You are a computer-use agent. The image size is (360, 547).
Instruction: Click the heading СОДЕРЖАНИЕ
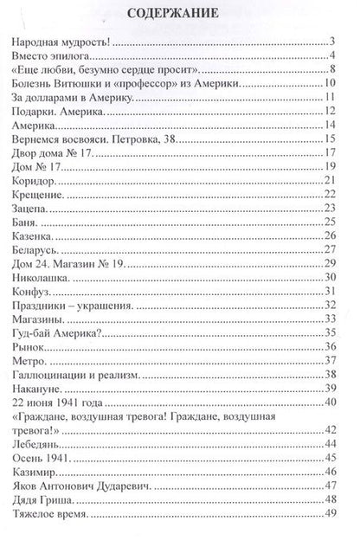(x=180, y=14)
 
